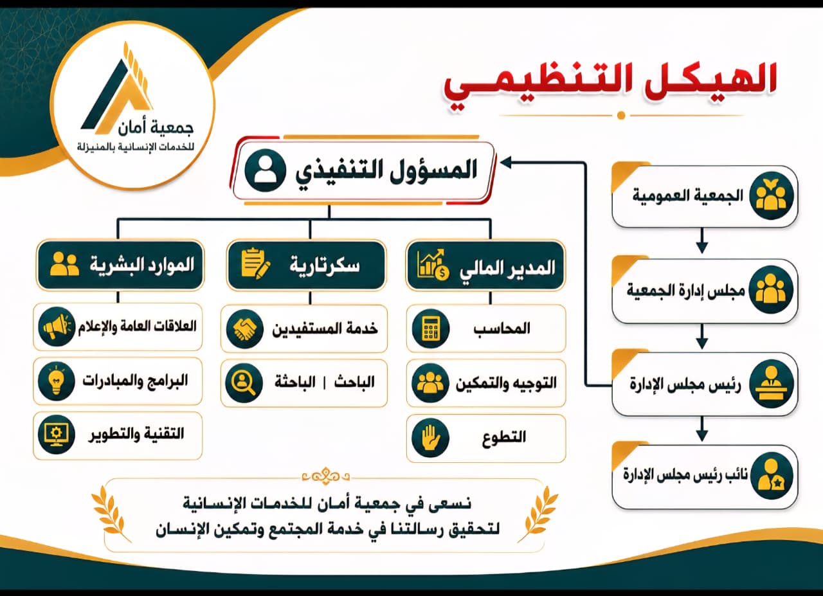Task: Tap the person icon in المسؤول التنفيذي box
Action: (265, 170)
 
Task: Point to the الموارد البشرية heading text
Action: (142, 265)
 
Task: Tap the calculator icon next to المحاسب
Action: (430, 328)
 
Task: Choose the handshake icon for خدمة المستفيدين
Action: (245, 328)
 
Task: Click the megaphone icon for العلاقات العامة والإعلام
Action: (57, 327)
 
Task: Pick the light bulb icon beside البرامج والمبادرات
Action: (56, 381)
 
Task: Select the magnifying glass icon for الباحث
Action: (244, 383)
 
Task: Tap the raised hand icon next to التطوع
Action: (430, 438)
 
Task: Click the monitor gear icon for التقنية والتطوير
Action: (56, 435)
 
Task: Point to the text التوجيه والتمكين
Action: (506, 384)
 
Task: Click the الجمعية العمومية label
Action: (687, 195)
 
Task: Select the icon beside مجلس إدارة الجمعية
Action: (771, 290)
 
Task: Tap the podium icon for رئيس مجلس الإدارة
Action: (771, 384)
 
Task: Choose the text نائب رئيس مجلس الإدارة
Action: (685, 474)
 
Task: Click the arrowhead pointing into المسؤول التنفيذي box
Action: (505, 163)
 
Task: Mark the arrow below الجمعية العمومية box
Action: (702, 240)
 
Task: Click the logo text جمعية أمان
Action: (156, 128)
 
